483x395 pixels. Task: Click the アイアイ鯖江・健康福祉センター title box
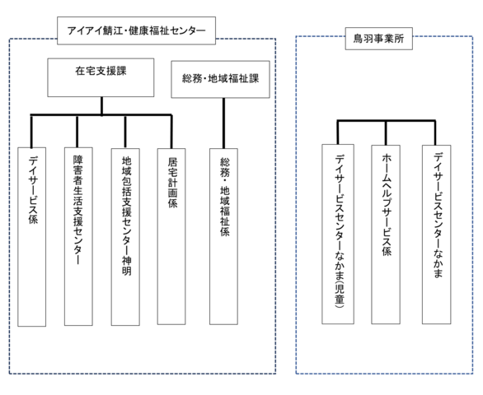(x=136, y=30)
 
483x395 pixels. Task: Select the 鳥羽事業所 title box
(x=378, y=39)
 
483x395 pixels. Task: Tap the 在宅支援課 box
(x=101, y=77)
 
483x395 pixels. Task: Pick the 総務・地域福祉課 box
(x=220, y=79)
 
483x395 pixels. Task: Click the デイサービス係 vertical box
(x=31, y=237)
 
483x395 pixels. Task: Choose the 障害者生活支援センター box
(x=78, y=236)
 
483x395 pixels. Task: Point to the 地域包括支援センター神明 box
(x=125, y=237)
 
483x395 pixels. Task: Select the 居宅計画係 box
(x=171, y=236)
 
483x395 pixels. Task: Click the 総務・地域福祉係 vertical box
(x=223, y=236)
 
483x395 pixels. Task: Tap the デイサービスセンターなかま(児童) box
(x=338, y=234)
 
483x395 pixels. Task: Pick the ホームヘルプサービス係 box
(x=386, y=235)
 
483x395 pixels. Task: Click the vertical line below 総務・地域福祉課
(x=223, y=123)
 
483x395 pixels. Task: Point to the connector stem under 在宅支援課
(x=101, y=106)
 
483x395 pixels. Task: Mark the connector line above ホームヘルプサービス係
(x=386, y=132)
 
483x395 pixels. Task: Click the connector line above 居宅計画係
(x=171, y=132)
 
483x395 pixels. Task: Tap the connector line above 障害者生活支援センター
(x=77, y=132)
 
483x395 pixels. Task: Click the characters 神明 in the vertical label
(x=126, y=266)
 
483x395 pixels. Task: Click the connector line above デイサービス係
(x=31, y=132)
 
